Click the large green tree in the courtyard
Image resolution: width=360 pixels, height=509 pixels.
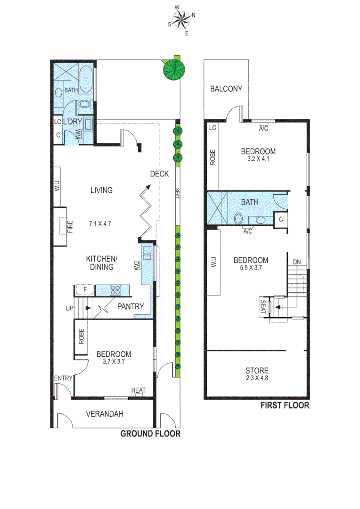coord(172,69)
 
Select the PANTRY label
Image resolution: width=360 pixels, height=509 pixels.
coord(131,306)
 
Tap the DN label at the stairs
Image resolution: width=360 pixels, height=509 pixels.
coord(297,262)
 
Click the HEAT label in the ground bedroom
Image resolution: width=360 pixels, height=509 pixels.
coord(139,390)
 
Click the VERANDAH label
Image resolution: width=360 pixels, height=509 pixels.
coord(105,414)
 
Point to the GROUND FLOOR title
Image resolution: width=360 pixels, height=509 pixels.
coord(150,434)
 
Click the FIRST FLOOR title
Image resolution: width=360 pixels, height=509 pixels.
coord(286,405)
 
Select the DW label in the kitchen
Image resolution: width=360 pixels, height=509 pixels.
coord(136,266)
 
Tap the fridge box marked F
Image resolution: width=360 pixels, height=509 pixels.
coord(86,289)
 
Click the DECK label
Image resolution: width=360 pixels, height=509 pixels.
coord(159,174)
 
